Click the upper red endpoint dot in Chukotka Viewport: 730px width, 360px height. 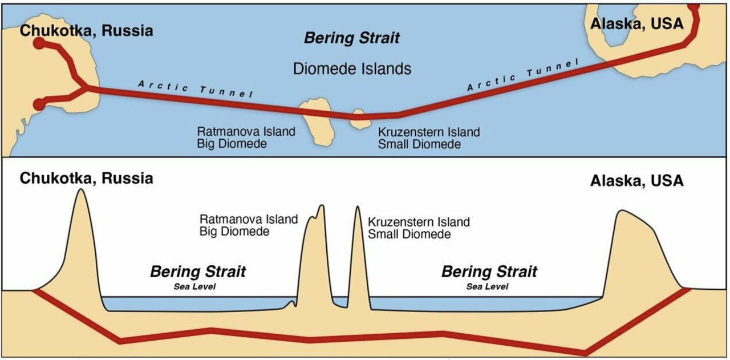[x=39, y=43]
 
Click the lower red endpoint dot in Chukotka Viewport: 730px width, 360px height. [x=39, y=104]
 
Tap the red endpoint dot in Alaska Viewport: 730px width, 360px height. [x=693, y=6]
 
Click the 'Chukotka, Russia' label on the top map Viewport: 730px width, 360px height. [x=86, y=30]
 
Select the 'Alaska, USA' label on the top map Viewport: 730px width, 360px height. [x=636, y=24]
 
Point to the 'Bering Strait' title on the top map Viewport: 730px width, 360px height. [x=352, y=38]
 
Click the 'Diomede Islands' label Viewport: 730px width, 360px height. [x=352, y=69]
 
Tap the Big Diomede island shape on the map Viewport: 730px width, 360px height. [x=316, y=120]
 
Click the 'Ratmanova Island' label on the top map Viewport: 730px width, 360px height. [x=246, y=132]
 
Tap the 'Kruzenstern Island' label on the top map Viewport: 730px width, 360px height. [x=429, y=132]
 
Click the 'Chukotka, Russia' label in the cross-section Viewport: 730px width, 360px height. [x=86, y=178]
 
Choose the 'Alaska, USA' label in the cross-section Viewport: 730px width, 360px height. [x=636, y=181]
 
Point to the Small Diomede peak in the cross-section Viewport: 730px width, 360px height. [x=358, y=209]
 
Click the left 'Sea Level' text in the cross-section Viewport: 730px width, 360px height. [x=195, y=286]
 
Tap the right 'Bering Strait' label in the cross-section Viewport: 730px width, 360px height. [x=489, y=272]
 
